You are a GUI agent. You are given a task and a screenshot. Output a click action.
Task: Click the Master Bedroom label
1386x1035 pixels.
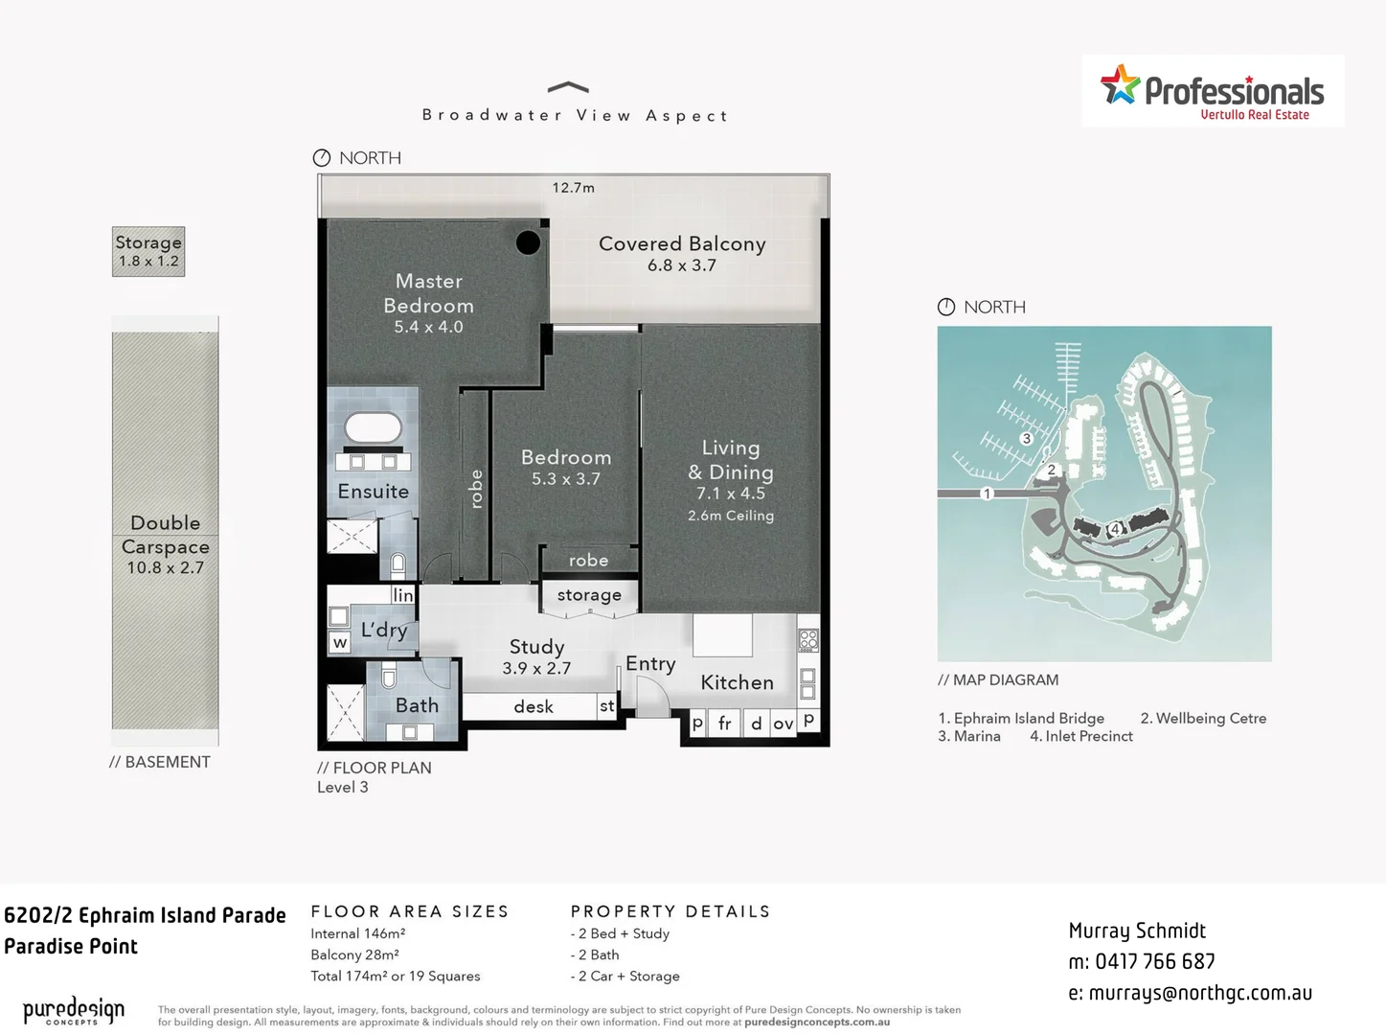click(428, 293)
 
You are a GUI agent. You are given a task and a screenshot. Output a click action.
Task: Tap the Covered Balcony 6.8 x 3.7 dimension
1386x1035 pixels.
click(681, 265)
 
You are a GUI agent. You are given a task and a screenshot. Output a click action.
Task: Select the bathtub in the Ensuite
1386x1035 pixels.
click(373, 427)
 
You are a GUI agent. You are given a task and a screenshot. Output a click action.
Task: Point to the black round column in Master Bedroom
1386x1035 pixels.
click(528, 242)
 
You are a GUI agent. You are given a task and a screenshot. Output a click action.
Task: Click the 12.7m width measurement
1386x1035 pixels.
click(573, 188)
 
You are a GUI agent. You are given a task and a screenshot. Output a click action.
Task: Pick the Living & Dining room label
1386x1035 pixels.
click(730, 460)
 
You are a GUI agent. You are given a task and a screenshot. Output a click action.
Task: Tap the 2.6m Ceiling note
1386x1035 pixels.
click(730, 516)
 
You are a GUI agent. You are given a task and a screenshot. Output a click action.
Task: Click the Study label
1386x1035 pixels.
click(536, 647)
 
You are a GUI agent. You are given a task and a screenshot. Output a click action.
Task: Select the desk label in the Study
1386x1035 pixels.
click(534, 707)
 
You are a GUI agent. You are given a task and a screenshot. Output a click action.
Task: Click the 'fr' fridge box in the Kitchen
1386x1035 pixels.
click(725, 724)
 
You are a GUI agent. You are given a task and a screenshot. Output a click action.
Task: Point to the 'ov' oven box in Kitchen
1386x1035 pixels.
click(783, 724)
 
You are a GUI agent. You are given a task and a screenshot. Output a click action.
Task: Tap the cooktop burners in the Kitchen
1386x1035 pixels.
click(807, 639)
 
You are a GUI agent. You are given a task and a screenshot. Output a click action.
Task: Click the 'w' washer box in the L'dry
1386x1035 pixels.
click(339, 643)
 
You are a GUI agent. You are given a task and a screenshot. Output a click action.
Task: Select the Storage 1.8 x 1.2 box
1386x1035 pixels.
click(148, 251)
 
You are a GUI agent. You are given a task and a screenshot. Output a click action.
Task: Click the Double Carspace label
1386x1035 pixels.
click(165, 535)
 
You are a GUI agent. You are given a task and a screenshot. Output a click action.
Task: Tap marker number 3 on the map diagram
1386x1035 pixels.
click(1026, 439)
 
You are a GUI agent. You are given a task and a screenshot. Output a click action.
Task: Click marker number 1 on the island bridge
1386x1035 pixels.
click(987, 494)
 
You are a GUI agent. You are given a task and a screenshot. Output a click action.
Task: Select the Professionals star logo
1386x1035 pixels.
click(1120, 85)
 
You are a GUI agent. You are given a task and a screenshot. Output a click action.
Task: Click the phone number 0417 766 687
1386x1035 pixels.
click(1155, 962)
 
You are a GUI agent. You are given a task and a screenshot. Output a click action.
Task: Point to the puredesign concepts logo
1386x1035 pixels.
click(74, 1011)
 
